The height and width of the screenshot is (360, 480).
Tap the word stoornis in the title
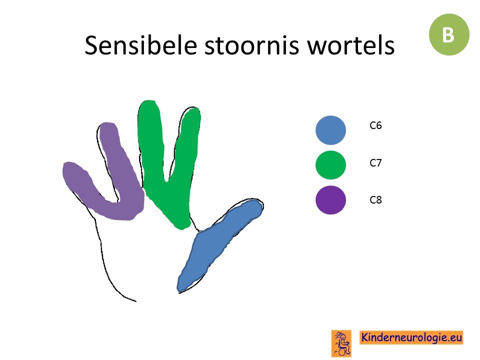pos(251,45)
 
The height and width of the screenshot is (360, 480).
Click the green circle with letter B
pos(449,34)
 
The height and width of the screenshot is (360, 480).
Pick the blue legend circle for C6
pos(330,130)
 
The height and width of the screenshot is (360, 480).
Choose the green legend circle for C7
pos(330,165)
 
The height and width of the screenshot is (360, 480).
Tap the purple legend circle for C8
pos(330,200)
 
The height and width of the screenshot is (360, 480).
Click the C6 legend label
pos(375,125)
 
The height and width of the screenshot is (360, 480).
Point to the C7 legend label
pos(375,163)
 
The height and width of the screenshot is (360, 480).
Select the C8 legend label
pos(375,200)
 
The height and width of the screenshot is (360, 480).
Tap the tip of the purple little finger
pos(68,167)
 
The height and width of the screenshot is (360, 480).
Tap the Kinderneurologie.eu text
pos(411,337)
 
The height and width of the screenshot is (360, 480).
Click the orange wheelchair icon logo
pos(341,343)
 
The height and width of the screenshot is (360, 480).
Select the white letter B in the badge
pos(448,34)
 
